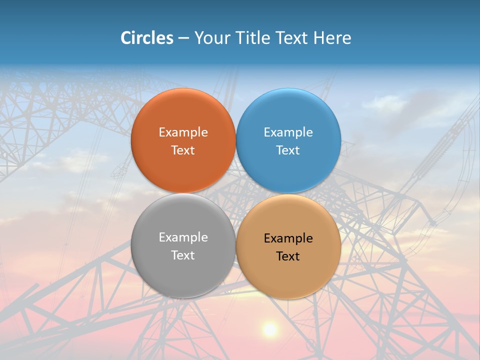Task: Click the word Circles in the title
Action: [147, 38]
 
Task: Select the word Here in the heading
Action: [332, 38]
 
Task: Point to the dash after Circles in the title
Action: [183, 38]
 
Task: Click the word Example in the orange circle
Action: [183, 132]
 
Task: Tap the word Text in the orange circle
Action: [183, 150]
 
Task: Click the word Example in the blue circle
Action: [288, 132]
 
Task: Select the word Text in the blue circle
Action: [288, 150]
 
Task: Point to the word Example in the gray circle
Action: [183, 237]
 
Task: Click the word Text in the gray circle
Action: [183, 255]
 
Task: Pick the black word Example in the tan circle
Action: [288, 238]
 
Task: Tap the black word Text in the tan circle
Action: [288, 256]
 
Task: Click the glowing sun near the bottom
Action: [270, 329]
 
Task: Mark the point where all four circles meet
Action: [236, 193]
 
